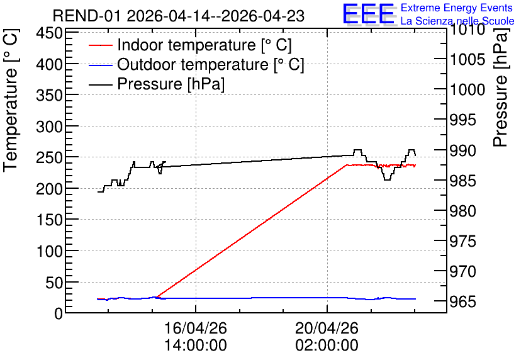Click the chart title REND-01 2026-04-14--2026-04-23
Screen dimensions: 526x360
point(179,16)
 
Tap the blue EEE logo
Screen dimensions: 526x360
point(368,14)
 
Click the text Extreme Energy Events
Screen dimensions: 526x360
point(457,8)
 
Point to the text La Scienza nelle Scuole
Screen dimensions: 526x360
point(457,21)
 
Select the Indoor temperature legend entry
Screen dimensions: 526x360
point(190,45)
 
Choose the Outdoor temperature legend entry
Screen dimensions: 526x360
point(196,64)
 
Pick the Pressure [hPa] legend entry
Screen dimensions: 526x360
point(157,84)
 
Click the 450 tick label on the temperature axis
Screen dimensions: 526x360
point(49,33)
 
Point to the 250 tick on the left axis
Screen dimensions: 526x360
point(49,158)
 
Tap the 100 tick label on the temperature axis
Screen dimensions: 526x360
point(49,251)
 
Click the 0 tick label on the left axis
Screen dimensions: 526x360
point(59,313)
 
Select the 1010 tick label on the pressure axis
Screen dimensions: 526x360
point(467,30)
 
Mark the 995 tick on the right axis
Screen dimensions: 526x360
point(463,120)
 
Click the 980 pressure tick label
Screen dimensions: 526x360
point(463,211)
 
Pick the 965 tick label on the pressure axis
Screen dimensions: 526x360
point(463,301)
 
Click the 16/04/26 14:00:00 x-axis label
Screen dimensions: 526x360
point(196,337)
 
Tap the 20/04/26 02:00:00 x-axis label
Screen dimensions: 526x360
point(327,337)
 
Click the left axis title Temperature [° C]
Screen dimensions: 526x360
point(11,101)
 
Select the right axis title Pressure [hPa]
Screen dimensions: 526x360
point(501,87)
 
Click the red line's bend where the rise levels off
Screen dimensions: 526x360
point(347,165)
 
